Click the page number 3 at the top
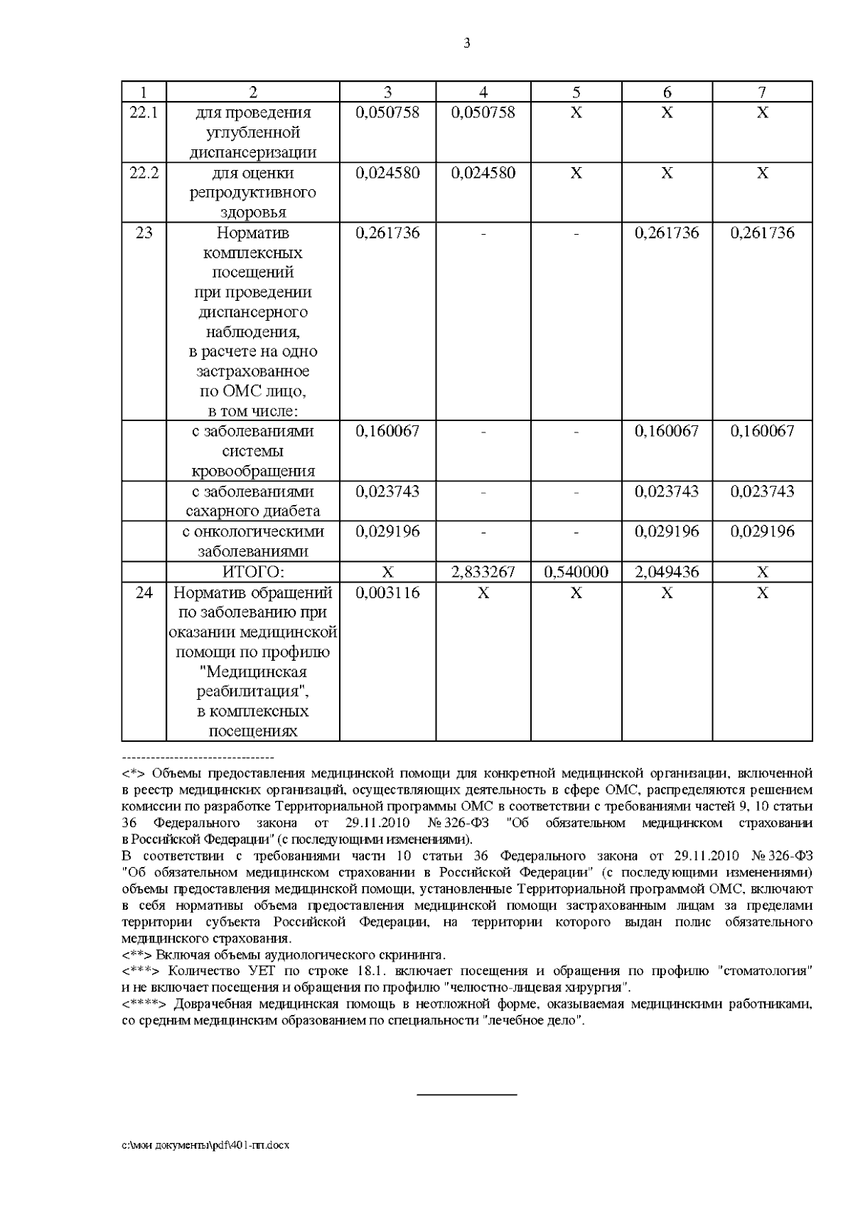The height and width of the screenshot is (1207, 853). (x=466, y=43)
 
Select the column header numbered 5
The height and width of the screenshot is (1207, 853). (x=576, y=92)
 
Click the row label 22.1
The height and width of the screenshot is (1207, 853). (x=144, y=112)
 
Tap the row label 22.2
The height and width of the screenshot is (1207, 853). (x=144, y=173)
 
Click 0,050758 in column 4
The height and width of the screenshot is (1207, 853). (x=483, y=112)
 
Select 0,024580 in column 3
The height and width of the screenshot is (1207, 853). (x=387, y=173)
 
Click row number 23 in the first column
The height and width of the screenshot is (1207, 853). (x=144, y=233)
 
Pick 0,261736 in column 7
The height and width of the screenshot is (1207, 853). (x=762, y=233)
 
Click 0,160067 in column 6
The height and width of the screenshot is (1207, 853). (x=667, y=431)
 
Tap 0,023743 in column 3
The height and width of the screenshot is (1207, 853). (x=387, y=491)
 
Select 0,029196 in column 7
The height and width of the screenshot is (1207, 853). (x=762, y=531)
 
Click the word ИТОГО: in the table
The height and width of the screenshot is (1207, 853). (x=253, y=572)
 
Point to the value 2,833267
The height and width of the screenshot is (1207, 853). (x=483, y=572)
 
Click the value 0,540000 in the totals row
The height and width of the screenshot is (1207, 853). (x=576, y=572)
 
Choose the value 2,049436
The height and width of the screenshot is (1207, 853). (x=667, y=572)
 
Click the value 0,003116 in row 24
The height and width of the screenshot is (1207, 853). (x=387, y=592)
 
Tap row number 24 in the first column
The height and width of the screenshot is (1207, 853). (x=144, y=592)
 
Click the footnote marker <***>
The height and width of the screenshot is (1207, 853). (x=143, y=971)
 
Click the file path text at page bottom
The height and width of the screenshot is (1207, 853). (x=205, y=1146)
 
